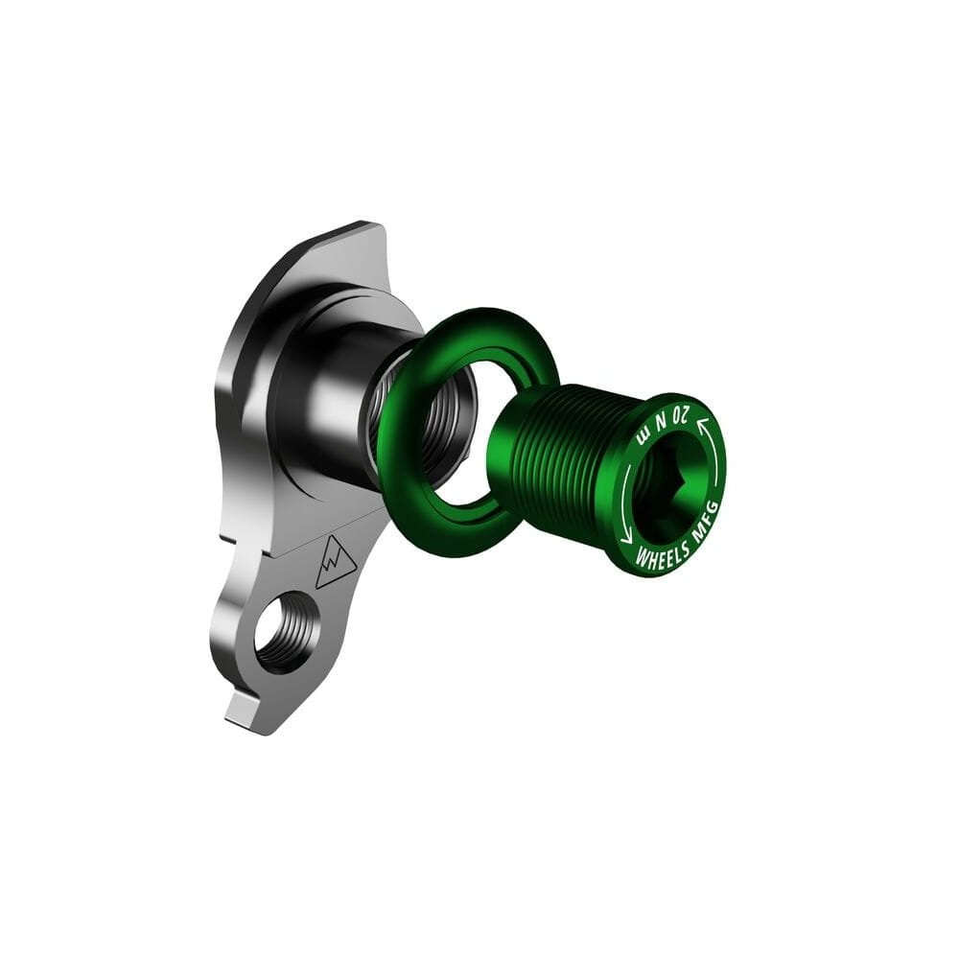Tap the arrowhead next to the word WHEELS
[626, 538]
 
